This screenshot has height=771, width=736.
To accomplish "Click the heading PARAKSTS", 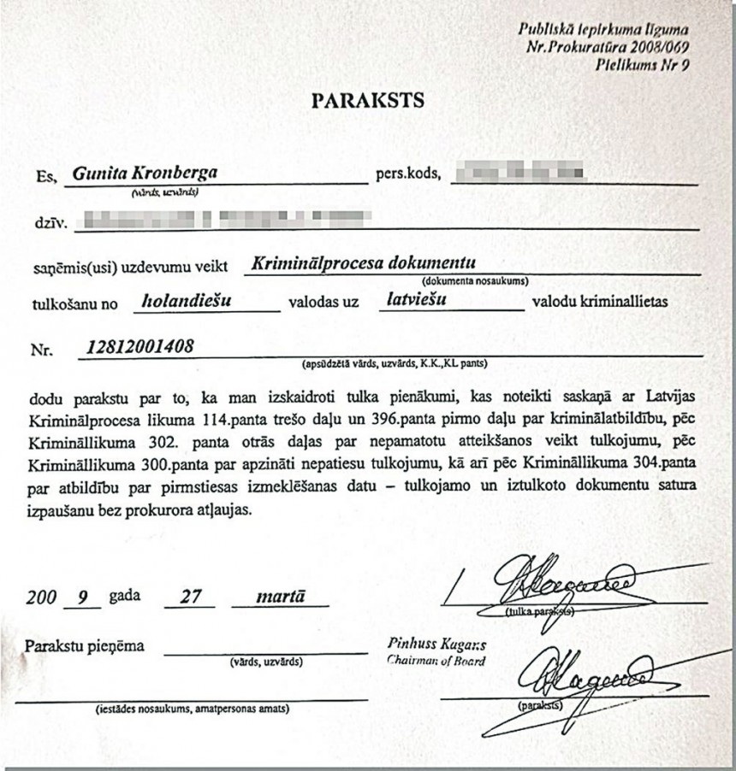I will coord(367,101).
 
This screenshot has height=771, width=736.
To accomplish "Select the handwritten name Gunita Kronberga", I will coord(145,173).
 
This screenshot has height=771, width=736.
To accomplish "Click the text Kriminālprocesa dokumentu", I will coord(363,263).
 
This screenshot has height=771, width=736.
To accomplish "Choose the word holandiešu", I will coord(189,300).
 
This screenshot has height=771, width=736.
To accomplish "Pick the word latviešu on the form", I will coord(416,300).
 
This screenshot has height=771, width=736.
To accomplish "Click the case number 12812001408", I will coord(140,346).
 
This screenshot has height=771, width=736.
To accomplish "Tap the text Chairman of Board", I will coord(436,661).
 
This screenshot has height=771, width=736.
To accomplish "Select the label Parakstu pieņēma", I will coord(85,645).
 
